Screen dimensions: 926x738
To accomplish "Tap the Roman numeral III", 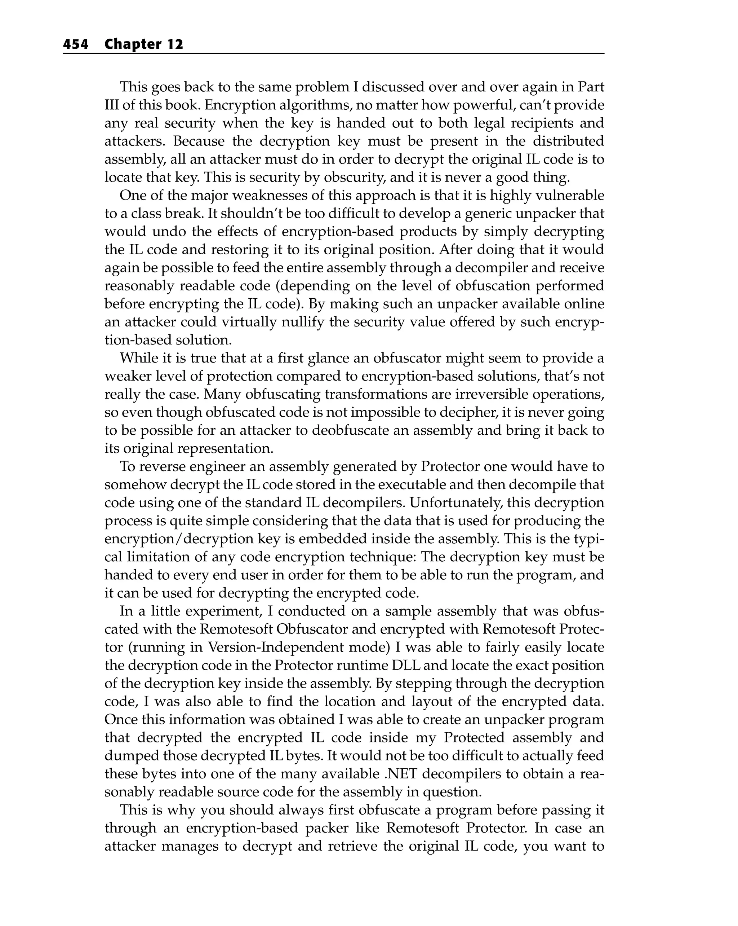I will tap(112, 105).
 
